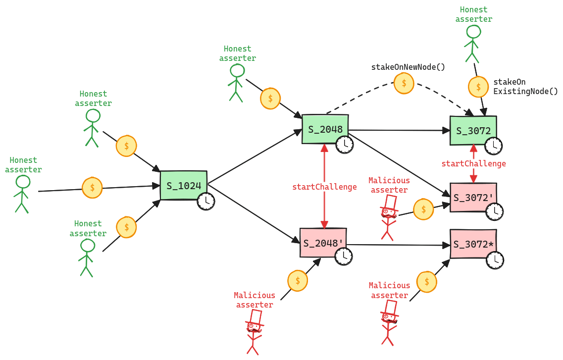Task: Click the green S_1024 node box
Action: coord(183,186)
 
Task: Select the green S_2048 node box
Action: coord(325,129)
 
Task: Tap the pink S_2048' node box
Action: coord(323,243)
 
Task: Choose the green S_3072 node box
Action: coord(473,131)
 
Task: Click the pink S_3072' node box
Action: coord(473,197)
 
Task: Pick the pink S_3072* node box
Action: coord(473,244)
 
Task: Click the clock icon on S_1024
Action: coord(206,201)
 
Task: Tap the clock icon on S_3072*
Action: coord(494,260)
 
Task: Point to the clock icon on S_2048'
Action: coord(344,257)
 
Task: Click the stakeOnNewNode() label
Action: coord(408,67)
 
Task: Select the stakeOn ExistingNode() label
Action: coord(525,87)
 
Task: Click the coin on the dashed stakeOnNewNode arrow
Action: coord(404,83)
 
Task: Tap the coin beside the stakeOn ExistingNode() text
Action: coord(478,87)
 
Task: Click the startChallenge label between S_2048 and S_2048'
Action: coord(324,187)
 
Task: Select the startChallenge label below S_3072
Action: coord(473,163)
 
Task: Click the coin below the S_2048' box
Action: coord(298,280)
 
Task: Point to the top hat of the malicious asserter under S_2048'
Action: coord(256,316)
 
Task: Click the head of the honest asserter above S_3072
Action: coord(473,32)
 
